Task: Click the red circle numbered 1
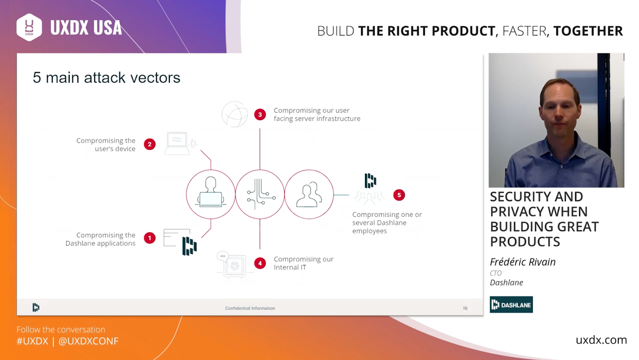tap(149, 238)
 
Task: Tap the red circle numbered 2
tap(149, 144)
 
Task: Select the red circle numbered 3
tap(260, 115)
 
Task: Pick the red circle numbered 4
tap(260, 263)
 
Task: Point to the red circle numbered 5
tap(399, 195)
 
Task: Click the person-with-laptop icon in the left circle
tap(211, 192)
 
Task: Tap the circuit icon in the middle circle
tap(260, 194)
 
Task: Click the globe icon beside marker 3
tap(235, 114)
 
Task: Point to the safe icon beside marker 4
tap(234, 265)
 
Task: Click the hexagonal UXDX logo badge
tap(29, 28)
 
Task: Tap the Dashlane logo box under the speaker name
tap(511, 305)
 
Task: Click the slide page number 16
tap(465, 308)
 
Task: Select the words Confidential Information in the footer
tap(250, 308)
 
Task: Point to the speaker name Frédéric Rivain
tap(523, 262)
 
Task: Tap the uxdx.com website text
tap(601, 340)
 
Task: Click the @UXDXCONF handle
tap(88, 341)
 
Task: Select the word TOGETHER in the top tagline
tap(588, 31)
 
